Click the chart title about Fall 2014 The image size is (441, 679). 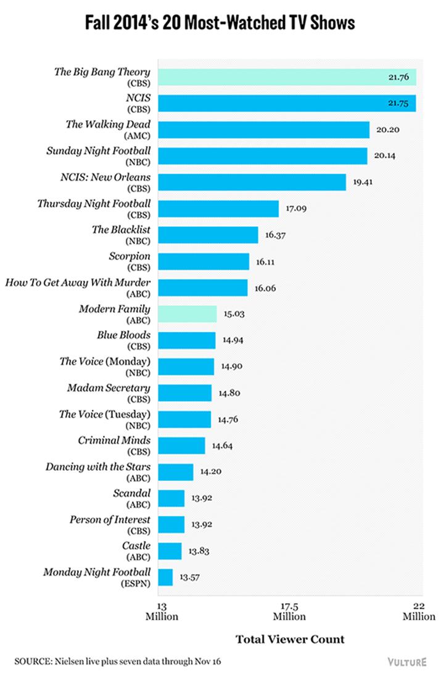220,23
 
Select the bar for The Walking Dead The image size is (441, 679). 263,129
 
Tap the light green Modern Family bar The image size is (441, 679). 188,314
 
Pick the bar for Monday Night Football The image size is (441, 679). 165,577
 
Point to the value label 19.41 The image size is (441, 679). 365,182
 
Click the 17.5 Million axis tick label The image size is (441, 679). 290,612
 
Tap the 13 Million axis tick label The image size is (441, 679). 162,612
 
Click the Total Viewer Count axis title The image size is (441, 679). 290,639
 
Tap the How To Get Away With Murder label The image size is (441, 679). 78,283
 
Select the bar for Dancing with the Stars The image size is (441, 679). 176,472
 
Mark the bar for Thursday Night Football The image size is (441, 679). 219,208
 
